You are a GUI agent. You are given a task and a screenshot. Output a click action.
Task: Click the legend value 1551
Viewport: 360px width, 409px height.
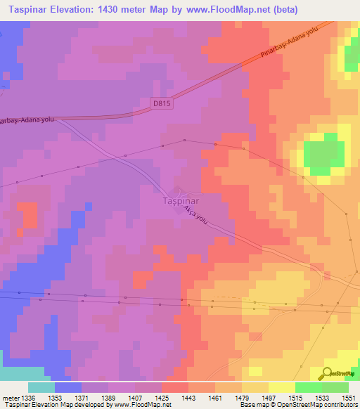click(347, 397)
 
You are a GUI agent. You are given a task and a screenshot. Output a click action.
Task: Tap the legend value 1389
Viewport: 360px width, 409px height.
click(108, 397)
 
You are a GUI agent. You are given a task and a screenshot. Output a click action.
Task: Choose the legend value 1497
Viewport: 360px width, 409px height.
click(267, 397)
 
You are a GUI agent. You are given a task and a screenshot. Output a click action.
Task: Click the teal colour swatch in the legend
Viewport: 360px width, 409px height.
click(41, 387)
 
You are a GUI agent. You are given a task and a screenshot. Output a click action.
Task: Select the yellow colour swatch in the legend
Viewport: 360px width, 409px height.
click(282, 387)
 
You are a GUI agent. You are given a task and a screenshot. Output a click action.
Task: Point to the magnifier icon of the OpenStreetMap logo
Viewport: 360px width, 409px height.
click(328, 372)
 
